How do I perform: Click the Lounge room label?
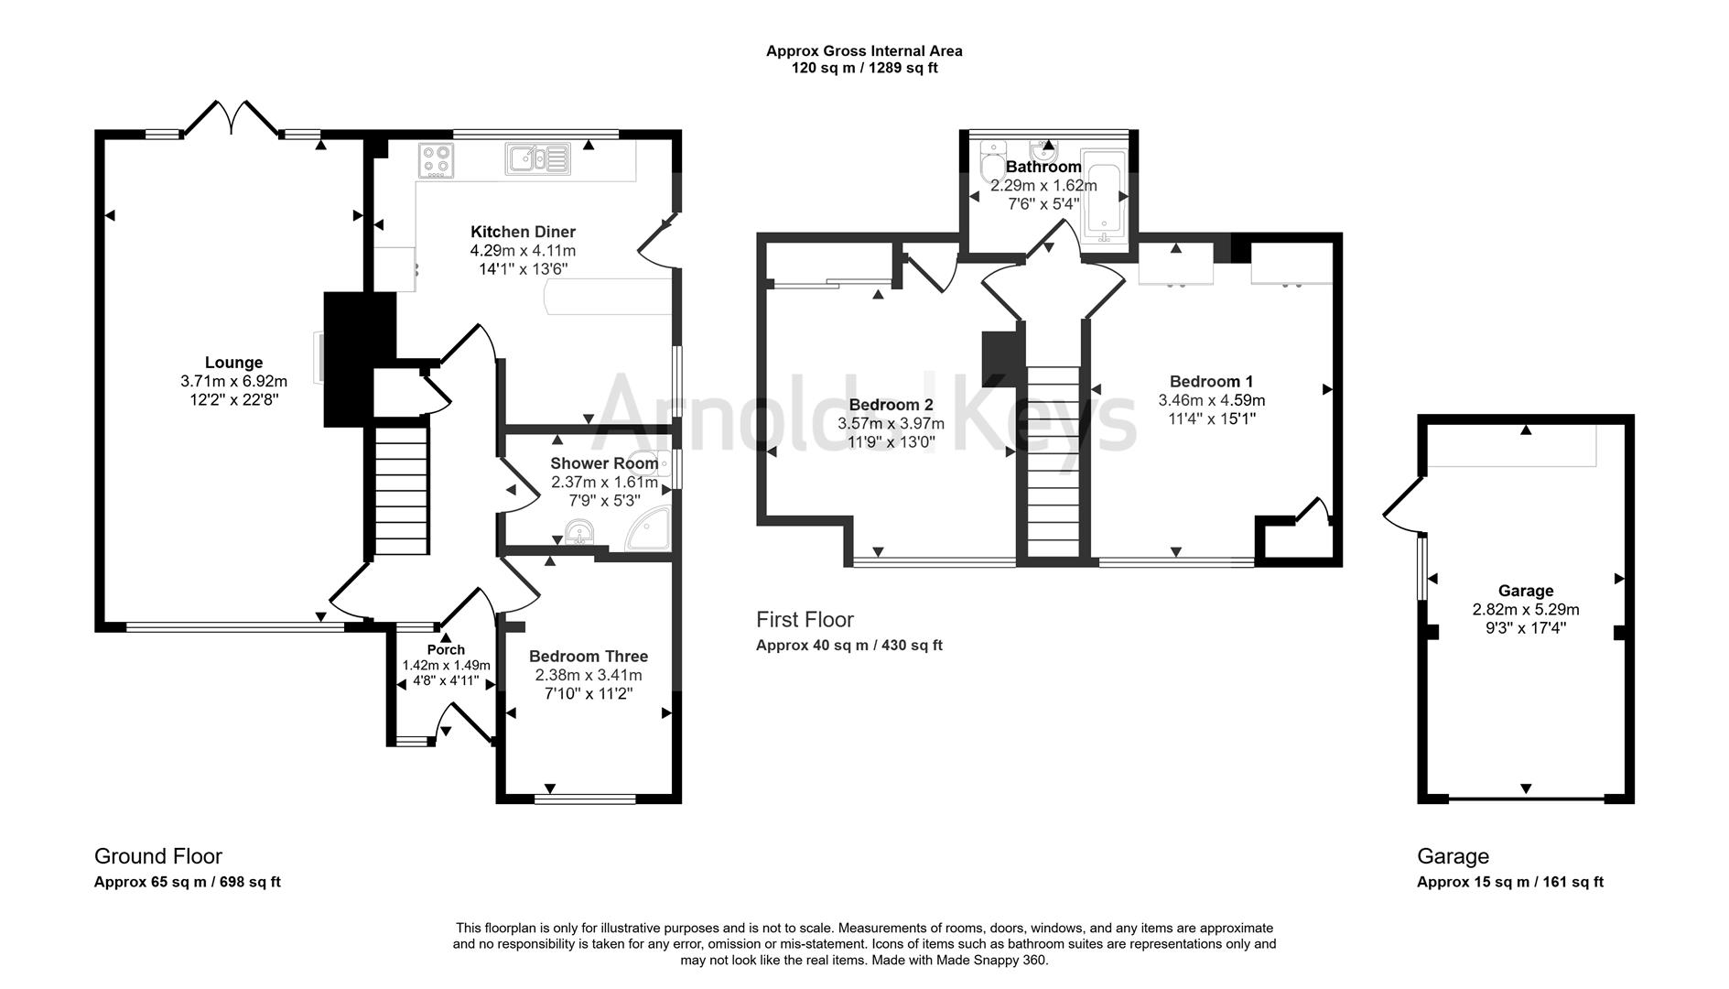233,363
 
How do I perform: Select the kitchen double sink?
537,159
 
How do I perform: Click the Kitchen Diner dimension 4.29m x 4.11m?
523,250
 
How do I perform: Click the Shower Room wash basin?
579,532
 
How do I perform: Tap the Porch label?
446,649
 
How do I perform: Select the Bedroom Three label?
588,656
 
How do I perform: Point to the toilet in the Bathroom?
989,166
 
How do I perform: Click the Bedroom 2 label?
891,405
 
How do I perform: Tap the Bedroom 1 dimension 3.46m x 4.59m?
1211,400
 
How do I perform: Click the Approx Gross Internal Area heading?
864,51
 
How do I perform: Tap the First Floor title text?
805,620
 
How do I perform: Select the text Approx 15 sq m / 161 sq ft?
1509,882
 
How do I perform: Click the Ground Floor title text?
158,856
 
